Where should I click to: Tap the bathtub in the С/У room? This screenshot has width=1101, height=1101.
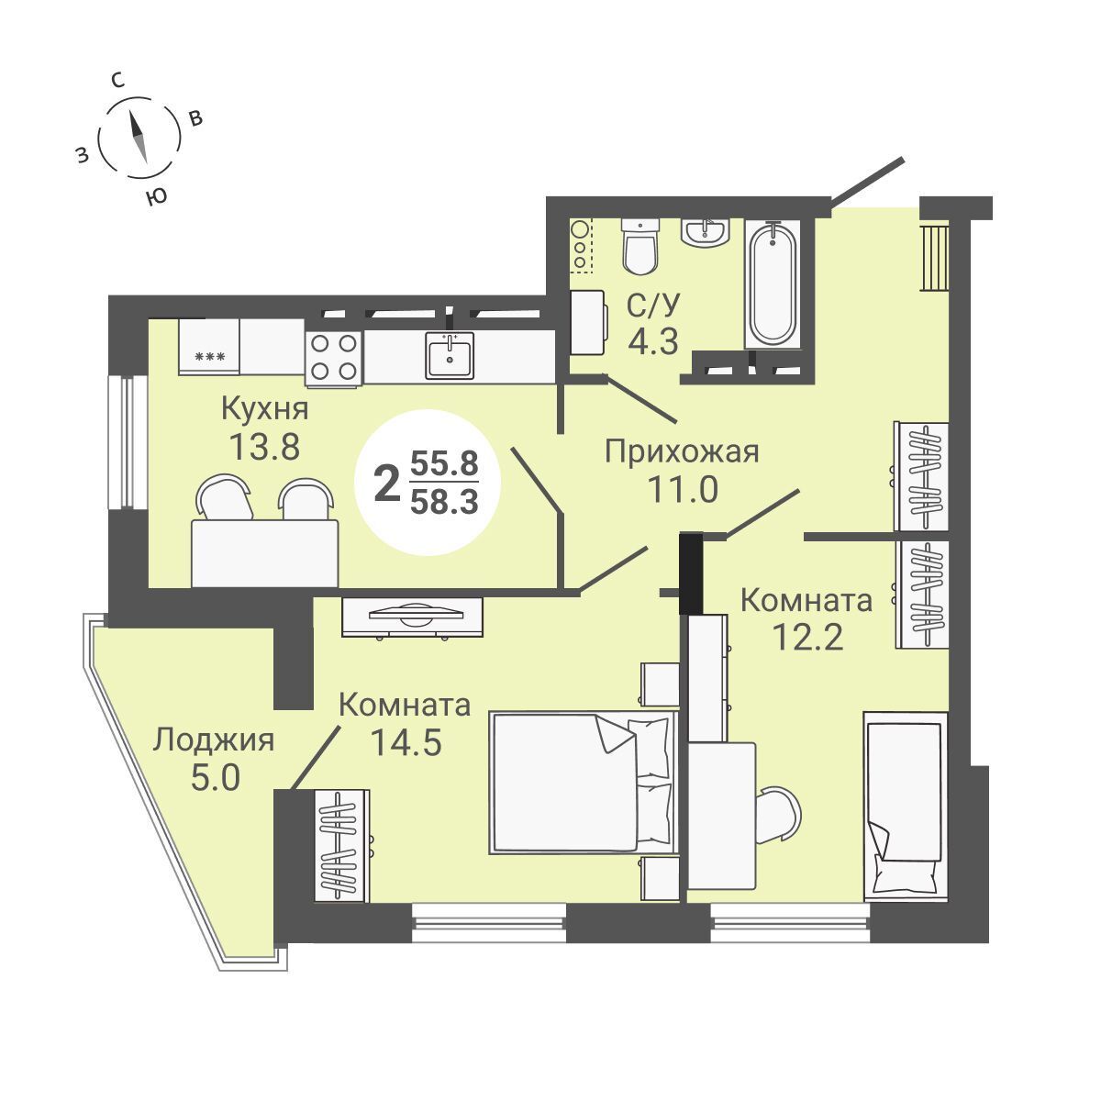(773, 284)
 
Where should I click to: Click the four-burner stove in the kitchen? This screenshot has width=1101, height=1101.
(334, 357)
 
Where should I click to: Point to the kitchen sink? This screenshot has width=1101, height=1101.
(450, 355)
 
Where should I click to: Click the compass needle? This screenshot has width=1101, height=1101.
(139, 136)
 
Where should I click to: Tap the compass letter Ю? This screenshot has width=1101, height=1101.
(156, 196)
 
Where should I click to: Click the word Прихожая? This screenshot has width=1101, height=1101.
(683, 452)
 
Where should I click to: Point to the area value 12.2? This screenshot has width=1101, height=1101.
(807, 637)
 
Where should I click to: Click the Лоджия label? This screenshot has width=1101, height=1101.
(214, 741)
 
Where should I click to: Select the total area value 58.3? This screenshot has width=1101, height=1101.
(444, 504)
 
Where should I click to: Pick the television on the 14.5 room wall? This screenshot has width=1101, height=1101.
(412, 617)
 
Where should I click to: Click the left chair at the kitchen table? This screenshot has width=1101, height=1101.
(224, 496)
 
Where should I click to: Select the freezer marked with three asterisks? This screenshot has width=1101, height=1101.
(209, 346)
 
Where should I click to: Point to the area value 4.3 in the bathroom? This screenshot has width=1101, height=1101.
(653, 341)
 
